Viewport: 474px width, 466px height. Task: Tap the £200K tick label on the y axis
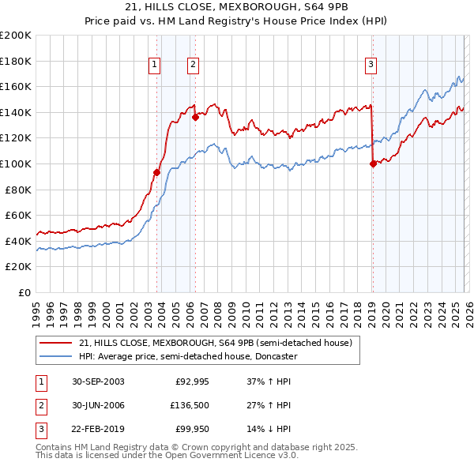(16, 36)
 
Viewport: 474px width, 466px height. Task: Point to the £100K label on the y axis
(16, 163)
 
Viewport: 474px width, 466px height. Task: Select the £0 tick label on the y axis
(24, 292)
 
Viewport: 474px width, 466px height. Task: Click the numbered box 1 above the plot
(155, 65)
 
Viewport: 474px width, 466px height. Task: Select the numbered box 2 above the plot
(193, 65)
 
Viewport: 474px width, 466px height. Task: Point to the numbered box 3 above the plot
(371, 65)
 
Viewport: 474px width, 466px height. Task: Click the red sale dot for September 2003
(157, 172)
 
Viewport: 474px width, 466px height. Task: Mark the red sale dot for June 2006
(195, 117)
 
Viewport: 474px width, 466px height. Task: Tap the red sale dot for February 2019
(372, 164)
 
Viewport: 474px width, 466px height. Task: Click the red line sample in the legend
(57, 342)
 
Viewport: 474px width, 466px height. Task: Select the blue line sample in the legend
(57, 356)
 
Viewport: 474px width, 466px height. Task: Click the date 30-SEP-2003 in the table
(98, 381)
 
